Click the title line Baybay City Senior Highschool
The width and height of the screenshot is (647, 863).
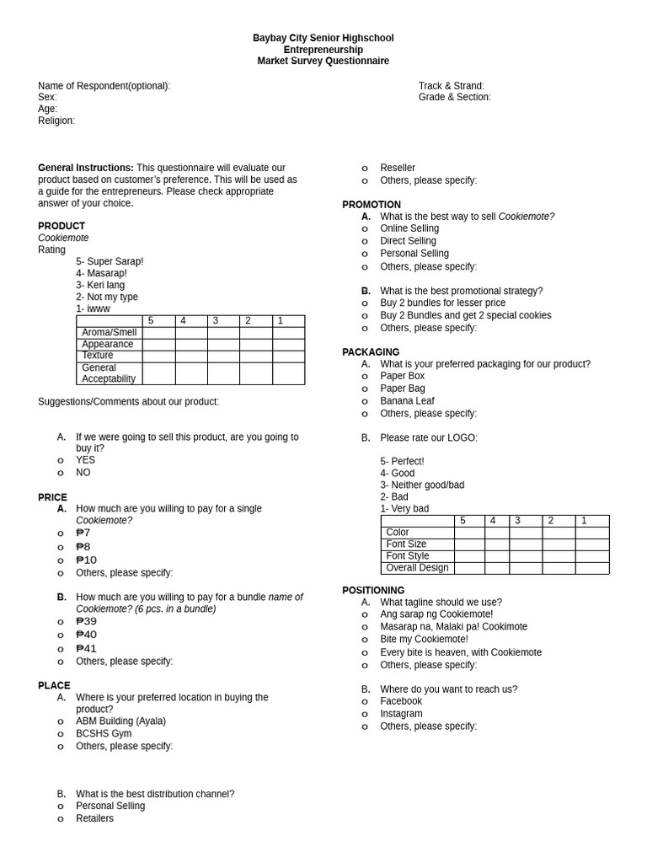323,38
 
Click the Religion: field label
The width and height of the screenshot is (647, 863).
56,121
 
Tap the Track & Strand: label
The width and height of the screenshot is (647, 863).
451,86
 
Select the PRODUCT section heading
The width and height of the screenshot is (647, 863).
61,226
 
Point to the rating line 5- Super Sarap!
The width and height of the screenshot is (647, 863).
110,261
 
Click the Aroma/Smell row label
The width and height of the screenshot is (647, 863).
109,333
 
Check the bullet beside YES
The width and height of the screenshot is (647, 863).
61,460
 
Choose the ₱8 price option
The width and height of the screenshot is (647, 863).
83,546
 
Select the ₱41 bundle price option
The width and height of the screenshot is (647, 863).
86,648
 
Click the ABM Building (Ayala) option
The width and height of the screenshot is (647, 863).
120,721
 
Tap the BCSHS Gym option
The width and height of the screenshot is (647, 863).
104,733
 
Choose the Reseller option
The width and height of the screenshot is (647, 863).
397,168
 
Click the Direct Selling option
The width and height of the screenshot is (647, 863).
408,241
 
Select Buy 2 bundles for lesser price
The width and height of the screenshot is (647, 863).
442,303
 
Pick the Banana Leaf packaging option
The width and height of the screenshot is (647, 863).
407,401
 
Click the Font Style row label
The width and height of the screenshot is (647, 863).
408,556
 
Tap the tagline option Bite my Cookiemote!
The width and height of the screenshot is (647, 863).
424,639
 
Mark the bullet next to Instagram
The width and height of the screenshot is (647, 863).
365,714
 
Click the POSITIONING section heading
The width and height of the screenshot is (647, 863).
373,590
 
